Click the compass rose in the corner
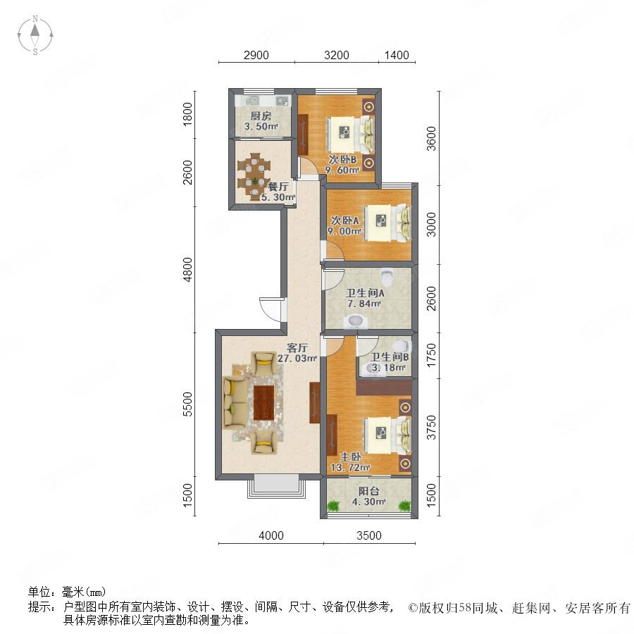(35, 35)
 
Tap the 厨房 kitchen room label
(261, 116)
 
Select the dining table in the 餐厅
(254, 177)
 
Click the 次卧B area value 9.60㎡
(342, 170)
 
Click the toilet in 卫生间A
(387, 277)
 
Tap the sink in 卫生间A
(356, 321)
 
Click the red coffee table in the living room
(263, 403)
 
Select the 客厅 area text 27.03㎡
(297, 359)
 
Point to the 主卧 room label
(350, 457)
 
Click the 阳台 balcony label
(368, 491)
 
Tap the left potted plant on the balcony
(334, 505)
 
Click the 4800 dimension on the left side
(187, 270)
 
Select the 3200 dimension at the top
(337, 55)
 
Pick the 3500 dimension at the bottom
(368, 535)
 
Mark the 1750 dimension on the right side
(431, 355)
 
